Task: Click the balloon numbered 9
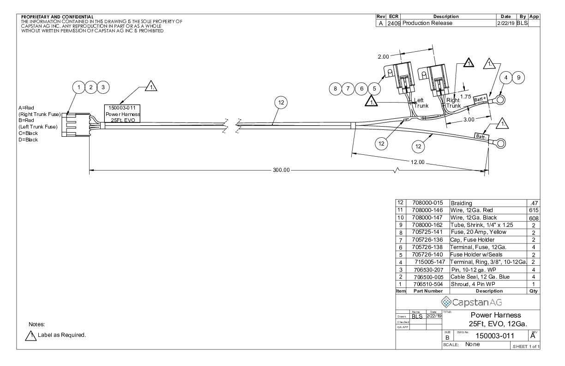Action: (518, 78)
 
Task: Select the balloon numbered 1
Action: (78, 87)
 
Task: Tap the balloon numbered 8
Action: (335, 89)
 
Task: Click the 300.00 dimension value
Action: (281, 170)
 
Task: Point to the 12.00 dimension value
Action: (417, 162)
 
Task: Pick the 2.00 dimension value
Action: (383, 57)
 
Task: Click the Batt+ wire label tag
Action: (480, 99)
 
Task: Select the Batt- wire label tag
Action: (481, 137)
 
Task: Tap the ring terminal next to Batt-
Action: (500, 143)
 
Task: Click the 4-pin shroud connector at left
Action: (76, 125)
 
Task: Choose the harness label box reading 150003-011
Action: (122, 114)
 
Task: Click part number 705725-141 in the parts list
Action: (427, 232)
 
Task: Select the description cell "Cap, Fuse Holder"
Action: (472, 240)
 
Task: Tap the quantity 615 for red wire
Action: (534, 210)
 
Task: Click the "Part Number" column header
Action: (428, 291)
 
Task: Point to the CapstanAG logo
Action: (471, 302)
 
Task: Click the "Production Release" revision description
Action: (427, 23)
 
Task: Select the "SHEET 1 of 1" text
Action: (526, 346)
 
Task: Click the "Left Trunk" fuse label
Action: (421, 103)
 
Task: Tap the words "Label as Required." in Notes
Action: (62, 335)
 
